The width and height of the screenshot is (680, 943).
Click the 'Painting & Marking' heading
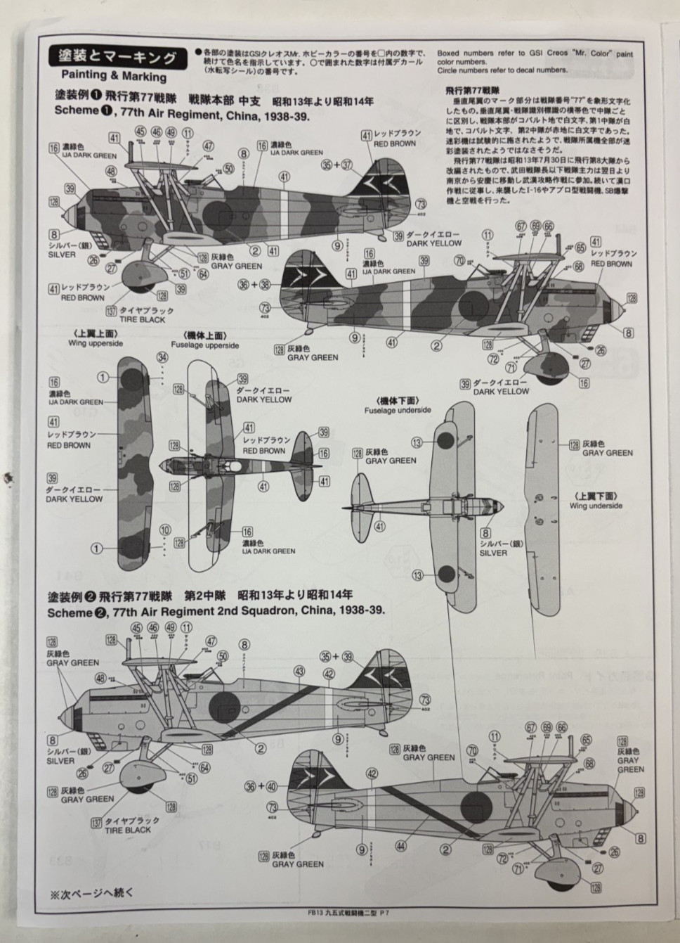(113, 76)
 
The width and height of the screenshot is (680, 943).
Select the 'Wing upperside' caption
(96, 343)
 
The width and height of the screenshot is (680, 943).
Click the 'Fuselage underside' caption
(393, 410)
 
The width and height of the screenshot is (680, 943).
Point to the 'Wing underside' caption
(596, 505)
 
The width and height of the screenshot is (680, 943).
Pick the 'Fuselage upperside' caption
(202, 345)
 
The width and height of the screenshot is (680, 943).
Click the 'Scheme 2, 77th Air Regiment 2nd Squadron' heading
(216, 611)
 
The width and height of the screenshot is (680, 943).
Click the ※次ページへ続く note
(91, 893)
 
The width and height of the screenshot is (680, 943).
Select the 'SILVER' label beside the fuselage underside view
(493, 553)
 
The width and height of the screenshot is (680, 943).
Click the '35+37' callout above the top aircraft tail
(336, 165)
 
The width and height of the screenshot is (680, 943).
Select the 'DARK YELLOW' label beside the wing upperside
(74, 499)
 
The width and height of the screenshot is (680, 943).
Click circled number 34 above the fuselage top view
(163, 357)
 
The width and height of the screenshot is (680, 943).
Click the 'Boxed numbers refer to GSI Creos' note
(535, 53)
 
